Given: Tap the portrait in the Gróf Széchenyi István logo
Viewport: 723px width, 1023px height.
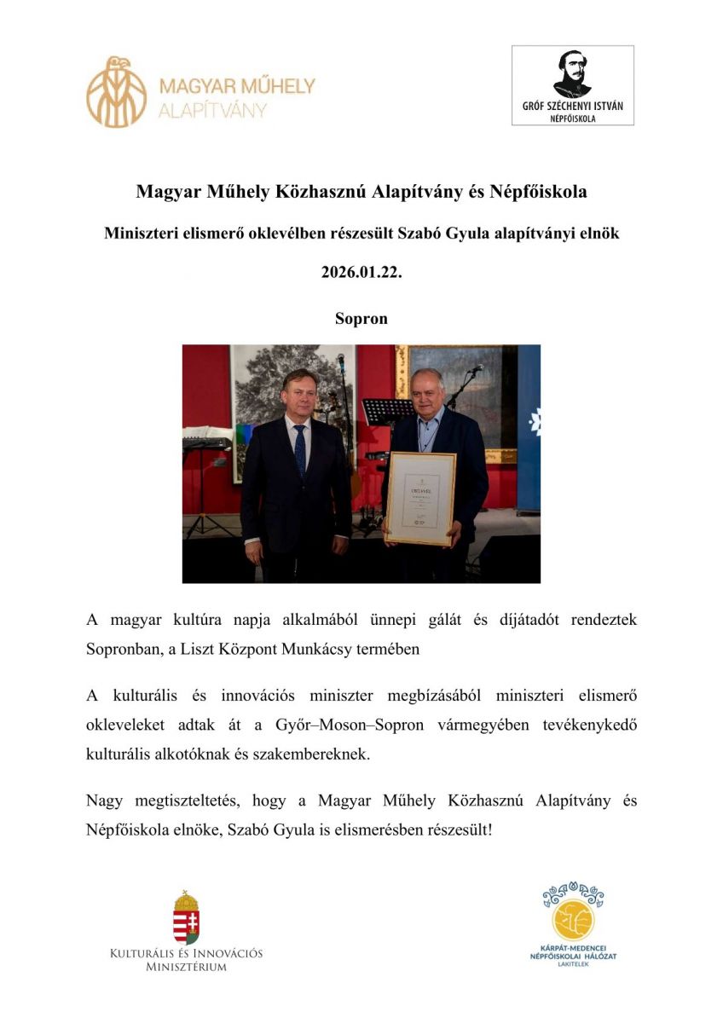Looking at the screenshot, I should point(572,74).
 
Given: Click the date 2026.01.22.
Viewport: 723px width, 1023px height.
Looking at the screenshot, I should point(361,273).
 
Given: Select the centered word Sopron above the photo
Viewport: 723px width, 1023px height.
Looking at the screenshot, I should point(361,319).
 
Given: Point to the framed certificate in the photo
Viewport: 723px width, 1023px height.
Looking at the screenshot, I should point(419,498).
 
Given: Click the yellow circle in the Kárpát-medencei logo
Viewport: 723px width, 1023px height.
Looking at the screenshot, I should point(573,920).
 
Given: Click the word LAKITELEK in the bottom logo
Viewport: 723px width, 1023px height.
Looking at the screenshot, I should point(573,965).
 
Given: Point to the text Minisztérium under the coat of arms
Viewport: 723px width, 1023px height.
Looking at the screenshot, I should point(187,967).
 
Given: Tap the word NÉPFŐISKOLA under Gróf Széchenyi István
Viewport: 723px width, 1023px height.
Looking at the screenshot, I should point(572,118).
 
